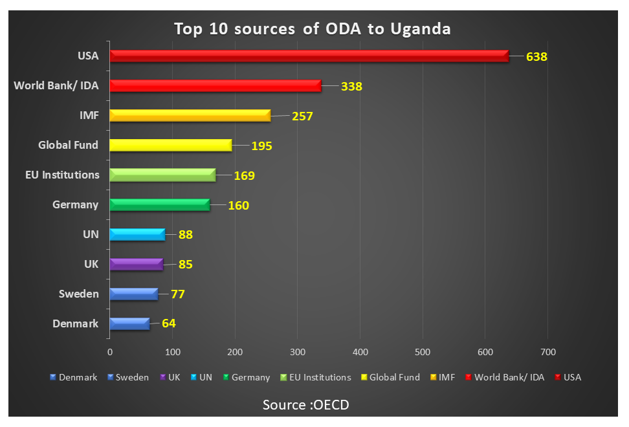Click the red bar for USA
(309, 56)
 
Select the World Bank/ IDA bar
(215, 86)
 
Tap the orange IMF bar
(190, 116)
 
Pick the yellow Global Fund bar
(171, 145)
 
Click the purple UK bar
(137, 264)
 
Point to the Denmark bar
(129, 323)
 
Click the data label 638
(536, 56)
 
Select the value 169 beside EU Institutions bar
(245, 175)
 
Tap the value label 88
(186, 234)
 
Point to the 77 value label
(178, 294)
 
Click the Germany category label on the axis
(76, 204)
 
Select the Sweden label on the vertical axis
(79, 294)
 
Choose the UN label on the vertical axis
(91, 234)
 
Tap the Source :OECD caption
(305, 405)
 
